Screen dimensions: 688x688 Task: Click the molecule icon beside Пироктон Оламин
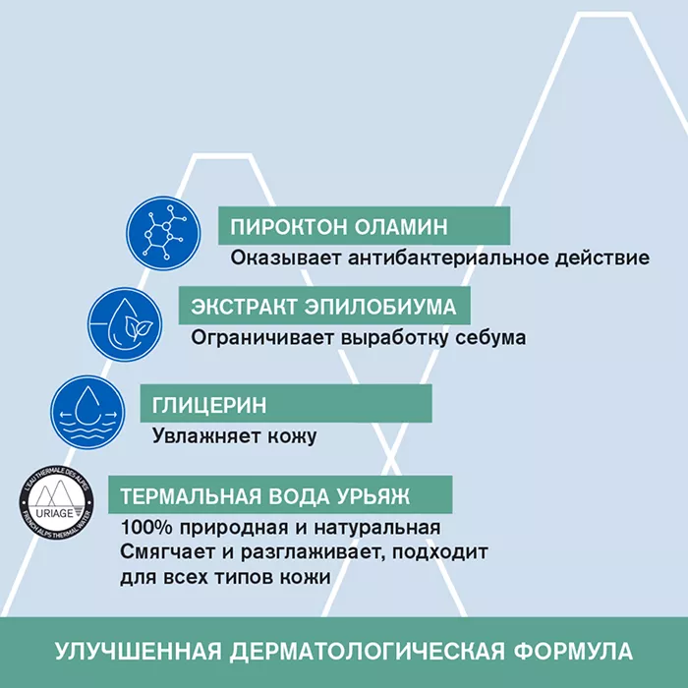click(163, 233)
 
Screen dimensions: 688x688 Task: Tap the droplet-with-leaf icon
click(125, 324)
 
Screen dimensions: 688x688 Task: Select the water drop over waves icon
click(87, 412)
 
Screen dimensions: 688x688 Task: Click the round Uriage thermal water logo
click(57, 503)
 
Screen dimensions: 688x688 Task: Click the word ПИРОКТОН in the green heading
click(289, 227)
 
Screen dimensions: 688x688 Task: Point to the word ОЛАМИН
click(401, 227)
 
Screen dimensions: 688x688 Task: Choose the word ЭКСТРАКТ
click(244, 307)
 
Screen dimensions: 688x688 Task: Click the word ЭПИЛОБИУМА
click(380, 307)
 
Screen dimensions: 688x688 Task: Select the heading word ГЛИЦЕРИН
click(209, 405)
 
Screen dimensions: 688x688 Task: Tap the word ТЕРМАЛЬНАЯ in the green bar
click(191, 496)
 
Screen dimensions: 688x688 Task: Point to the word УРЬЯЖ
click(373, 496)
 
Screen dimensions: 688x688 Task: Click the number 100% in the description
click(146, 528)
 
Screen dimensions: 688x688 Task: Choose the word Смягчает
click(168, 552)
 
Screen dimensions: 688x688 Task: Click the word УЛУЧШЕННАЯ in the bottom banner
click(139, 651)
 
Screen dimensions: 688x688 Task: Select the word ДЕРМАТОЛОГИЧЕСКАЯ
click(368, 651)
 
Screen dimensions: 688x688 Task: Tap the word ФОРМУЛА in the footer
click(573, 651)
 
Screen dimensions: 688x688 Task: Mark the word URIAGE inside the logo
click(54, 513)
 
